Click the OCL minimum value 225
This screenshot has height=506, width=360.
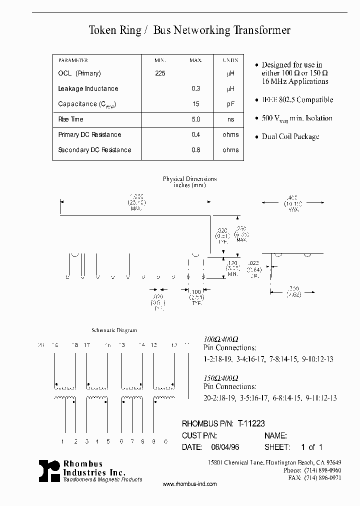pyautogui.click(x=160, y=73)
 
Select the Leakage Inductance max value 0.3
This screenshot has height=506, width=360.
pyautogui.click(x=195, y=88)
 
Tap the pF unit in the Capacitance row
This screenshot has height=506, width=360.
pyautogui.click(x=230, y=104)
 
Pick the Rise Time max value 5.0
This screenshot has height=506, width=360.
pyautogui.click(x=195, y=119)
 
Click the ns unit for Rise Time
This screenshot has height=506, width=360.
pyautogui.click(x=230, y=119)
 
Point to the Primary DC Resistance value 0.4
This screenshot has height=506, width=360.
pyautogui.click(x=195, y=134)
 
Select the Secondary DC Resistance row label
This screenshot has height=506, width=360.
pyautogui.click(x=94, y=150)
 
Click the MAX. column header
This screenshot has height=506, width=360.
pyautogui.click(x=195, y=60)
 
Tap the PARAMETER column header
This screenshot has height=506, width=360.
pyautogui.click(x=73, y=60)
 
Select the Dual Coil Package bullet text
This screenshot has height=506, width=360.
pyautogui.click(x=290, y=136)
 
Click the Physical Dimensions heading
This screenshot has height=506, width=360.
pyautogui.click(x=189, y=179)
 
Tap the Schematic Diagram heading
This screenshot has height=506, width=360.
pyautogui.click(x=114, y=330)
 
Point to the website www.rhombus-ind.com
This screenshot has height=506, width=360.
pyautogui.click(x=189, y=484)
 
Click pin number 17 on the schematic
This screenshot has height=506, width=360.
pyautogui.click(x=87, y=345)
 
